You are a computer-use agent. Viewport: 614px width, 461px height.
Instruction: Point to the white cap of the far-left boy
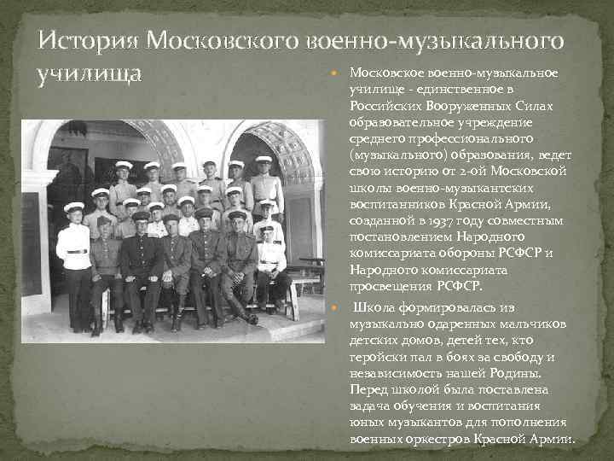74,207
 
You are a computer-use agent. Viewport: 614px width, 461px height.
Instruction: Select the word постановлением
397,237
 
